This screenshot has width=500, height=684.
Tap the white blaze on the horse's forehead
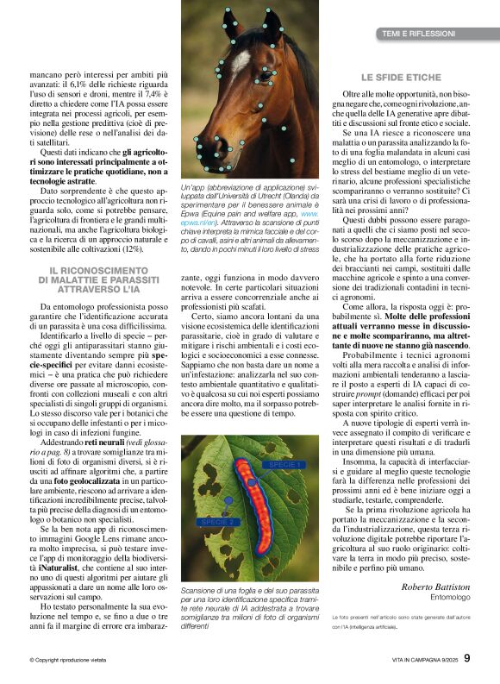240,61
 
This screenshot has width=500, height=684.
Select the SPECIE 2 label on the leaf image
217,522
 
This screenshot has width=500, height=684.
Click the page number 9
467,659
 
